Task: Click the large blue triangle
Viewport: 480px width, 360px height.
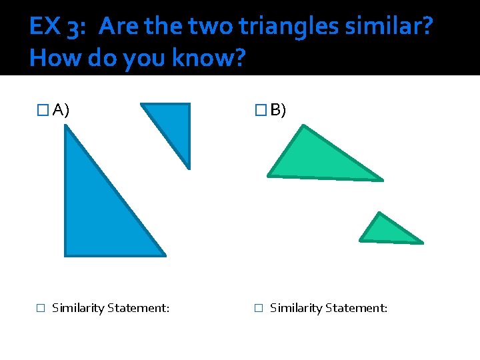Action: (93, 213)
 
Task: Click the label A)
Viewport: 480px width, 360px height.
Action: (61, 110)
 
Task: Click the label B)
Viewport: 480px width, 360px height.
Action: (278, 110)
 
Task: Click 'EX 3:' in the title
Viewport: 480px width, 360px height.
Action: (56, 27)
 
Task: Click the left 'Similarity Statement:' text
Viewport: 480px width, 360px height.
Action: (110, 308)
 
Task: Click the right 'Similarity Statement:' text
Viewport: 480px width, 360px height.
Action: (328, 308)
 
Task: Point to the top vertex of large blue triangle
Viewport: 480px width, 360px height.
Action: (65, 127)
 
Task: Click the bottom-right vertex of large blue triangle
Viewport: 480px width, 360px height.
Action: (164, 255)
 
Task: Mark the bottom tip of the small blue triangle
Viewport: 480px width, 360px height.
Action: (189, 167)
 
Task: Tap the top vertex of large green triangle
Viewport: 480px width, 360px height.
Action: (303, 126)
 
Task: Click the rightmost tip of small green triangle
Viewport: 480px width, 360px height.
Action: (422, 243)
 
